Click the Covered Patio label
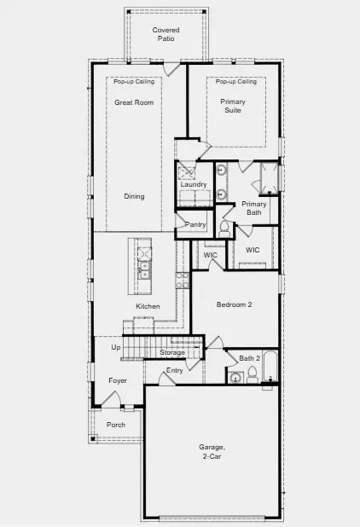click(x=165, y=34)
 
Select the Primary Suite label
click(x=233, y=106)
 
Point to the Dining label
click(x=134, y=197)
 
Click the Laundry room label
click(x=194, y=185)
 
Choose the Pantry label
click(x=196, y=223)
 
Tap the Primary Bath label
click(x=254, y=208)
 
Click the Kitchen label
click(x=148, y=306)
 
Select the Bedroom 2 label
click(x=234, y=304)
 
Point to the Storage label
click(x=172, y=353)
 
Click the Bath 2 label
click(x=249, y=358)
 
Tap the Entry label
click(x=175, y=370)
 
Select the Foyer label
click(x=118, y=380)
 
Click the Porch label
click(x=115, y=425)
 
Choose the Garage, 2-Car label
click(x=212, y=452)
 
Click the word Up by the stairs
click(x=116, y=348)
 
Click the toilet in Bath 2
click(x=253, y=375)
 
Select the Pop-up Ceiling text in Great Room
click(x=131, y=82)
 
